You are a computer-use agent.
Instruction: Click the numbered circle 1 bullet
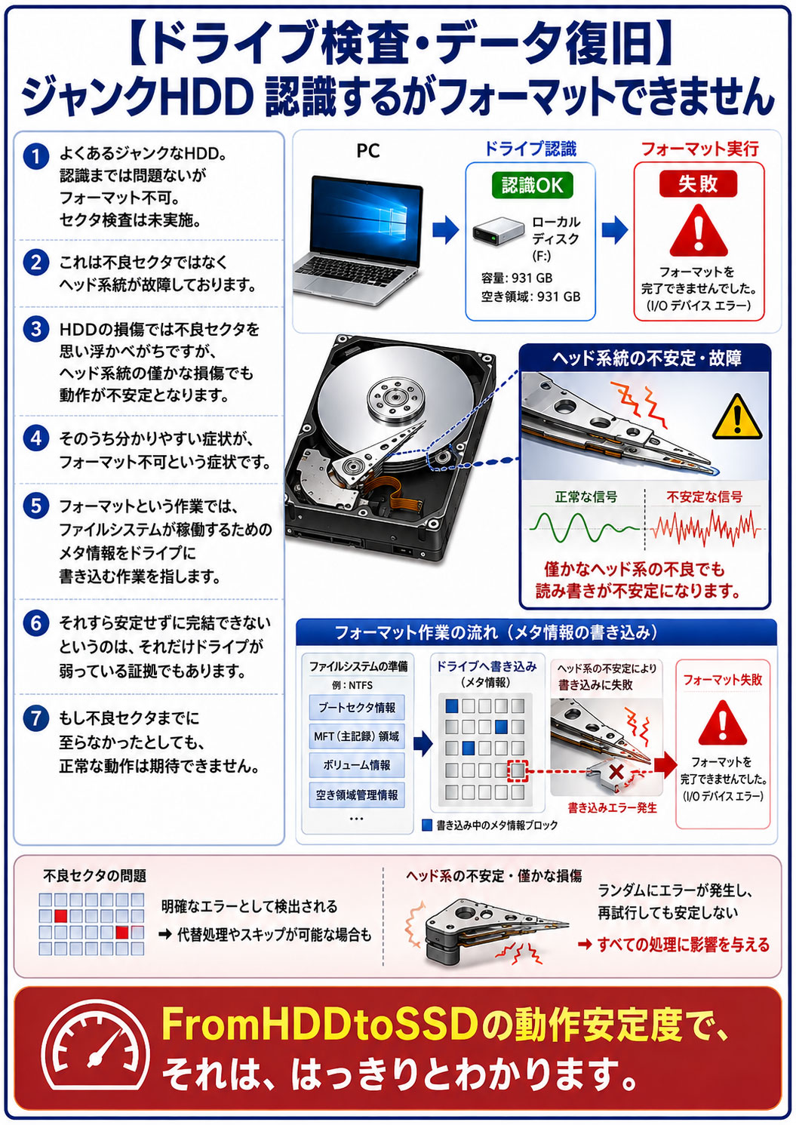point(36,156)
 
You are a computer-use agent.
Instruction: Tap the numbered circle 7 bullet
point(36,718)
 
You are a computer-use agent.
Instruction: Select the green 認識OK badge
point(532,186)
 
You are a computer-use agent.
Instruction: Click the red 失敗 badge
point(698,184)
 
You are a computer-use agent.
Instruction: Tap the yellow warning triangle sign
point(736,416)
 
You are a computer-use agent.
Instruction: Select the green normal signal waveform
point(585,528)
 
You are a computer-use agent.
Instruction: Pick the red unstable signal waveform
point(705,528)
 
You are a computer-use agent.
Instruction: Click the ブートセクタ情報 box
point(357,707)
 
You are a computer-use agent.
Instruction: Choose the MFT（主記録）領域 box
point(357,736)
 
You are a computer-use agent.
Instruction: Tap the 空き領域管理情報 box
point(357,795)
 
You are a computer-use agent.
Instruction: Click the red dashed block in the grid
point(518,770)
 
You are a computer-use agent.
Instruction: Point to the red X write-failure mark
point(616,771)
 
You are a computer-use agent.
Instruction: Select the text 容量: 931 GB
point(516,278)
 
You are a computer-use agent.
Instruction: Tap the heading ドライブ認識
point(530,149)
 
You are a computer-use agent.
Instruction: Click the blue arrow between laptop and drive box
point(445,229)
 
